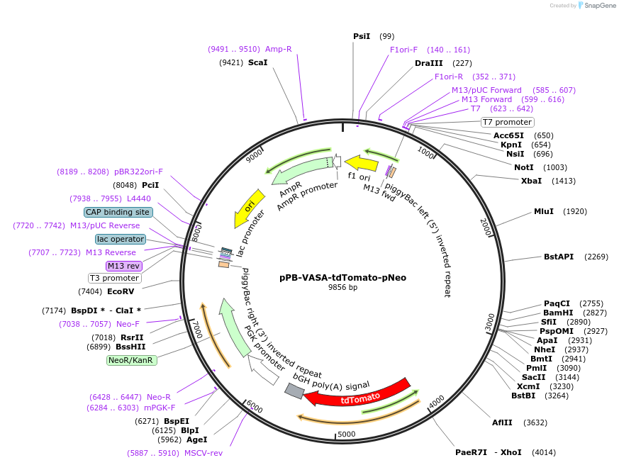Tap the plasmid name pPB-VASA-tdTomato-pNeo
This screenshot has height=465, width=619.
pyautogui.click(x=342, y=277)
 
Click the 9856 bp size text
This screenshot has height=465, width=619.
pyautogui.click(x=342, y=288)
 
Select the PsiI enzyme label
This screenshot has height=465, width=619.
pyautogui.click(x=362, y=36)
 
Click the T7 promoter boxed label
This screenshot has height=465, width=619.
pyautogui.click(x=506, y=122)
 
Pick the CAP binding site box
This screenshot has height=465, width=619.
pyautogui.click(x=118, y=212)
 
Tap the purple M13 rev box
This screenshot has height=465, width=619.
pyautogui.click(x=124, y=266)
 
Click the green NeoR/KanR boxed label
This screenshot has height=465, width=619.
pyautogui.click(x=132, y=360)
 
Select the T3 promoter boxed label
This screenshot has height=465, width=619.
pyautogui.click(x=114, y=278)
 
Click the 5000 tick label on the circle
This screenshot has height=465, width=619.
pyautogui.click(x=346, y=434)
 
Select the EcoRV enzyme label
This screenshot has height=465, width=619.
pyautogui.click(x=121, y=291)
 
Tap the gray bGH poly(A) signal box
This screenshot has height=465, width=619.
pyautogui.click(x=294, y=391)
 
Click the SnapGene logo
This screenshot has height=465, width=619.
pyautogui.click(x=596, y=6)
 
